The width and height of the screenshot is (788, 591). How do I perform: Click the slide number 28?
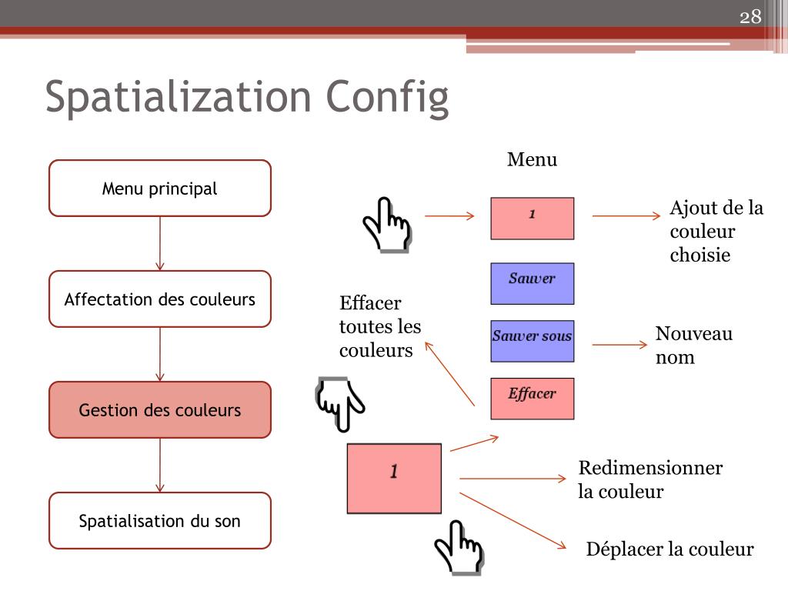pyautogui.click(x=750, y=17)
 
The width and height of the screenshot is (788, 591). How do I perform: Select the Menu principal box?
pyautogui.click(x=160, y=189)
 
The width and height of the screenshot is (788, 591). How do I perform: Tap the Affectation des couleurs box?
pyautogui.click(x=160, y=299)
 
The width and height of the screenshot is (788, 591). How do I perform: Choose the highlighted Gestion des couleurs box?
pyautogui.click(x=160, y=410)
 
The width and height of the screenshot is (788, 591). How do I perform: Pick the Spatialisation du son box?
pyautogui.click(x=160, y=521)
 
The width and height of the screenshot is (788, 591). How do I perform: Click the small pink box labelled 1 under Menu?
pyautogui.click(x=532, y=218)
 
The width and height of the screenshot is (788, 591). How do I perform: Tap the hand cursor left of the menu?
pyautogui.click(x=387, y=224)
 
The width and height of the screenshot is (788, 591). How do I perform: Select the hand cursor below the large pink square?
pyautogui.click(x=459, y=548)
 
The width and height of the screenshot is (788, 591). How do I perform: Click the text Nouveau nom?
pyautogui.click(x=693, y=346)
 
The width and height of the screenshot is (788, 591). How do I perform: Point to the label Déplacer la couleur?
pyautogui.click(x=669, y=549)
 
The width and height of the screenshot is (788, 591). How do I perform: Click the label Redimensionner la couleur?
pyautogui.click(x=650, y=479)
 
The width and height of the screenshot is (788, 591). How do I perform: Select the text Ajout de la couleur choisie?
pyautogui.click(x=716, y=232)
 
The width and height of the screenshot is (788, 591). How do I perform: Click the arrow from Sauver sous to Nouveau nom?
pyautogui.click(x=620, y=345)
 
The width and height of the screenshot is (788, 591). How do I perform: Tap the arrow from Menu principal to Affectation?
pyautogui.click(x=160, y=243)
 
